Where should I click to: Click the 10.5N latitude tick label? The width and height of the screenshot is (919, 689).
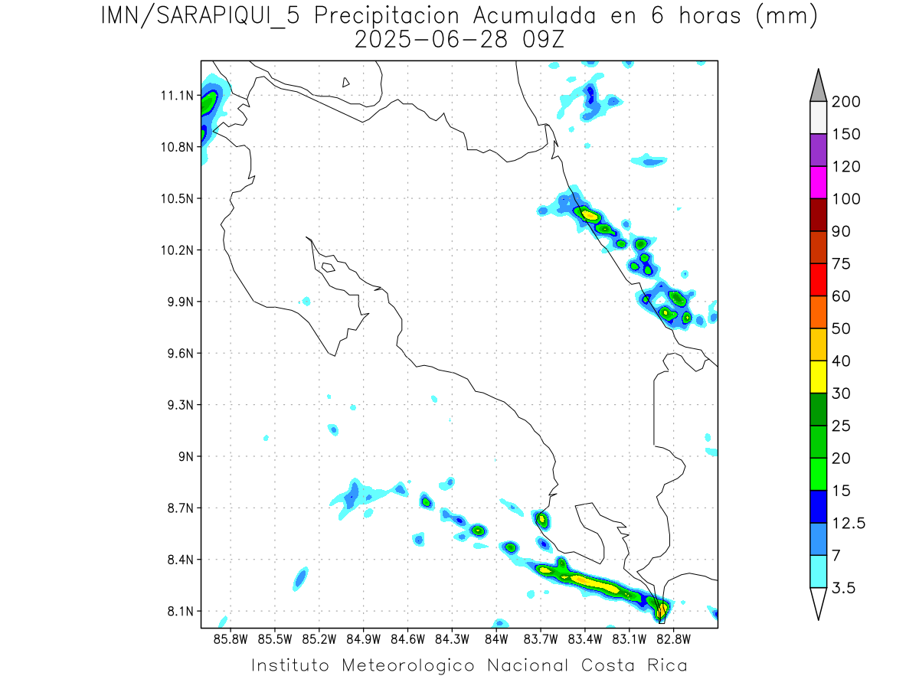pos(176,199)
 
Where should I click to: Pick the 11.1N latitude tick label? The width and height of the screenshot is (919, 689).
pos(176,96)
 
